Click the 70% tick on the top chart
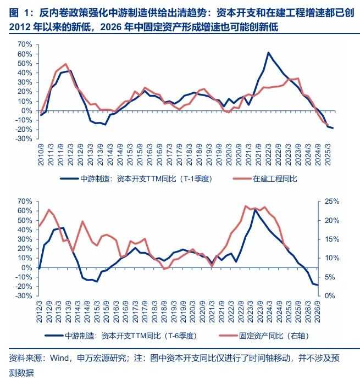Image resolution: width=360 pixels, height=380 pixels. click(24, 44)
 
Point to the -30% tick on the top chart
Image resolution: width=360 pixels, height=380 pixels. click(24, 139)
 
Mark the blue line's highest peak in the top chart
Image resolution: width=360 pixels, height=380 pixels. click(268, 53)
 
